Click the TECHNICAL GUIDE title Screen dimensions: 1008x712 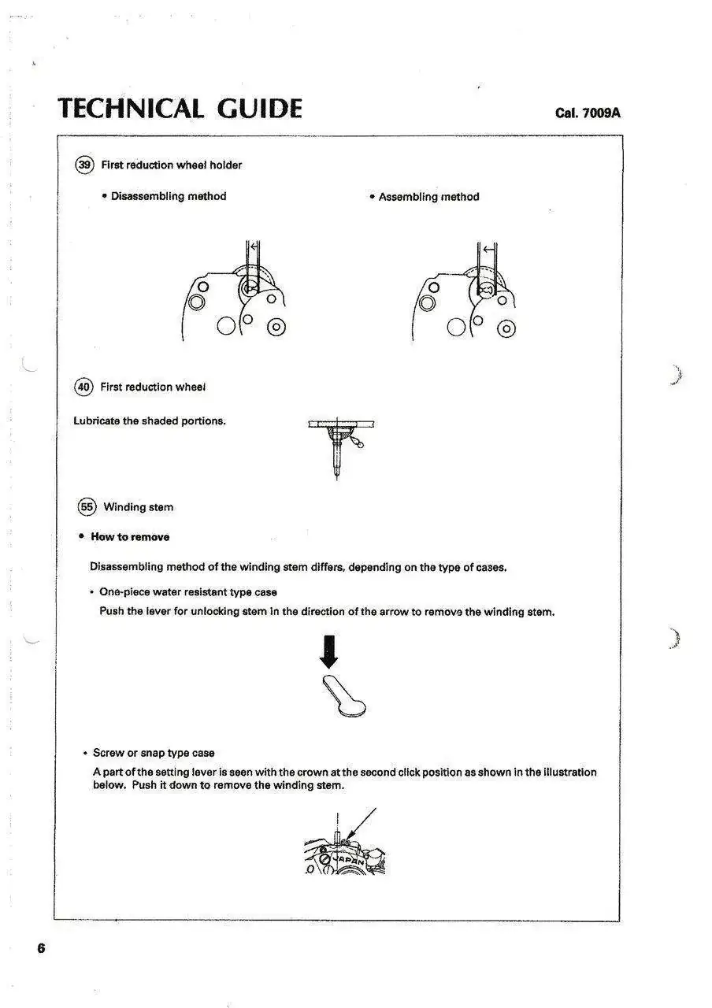tap(180, 109)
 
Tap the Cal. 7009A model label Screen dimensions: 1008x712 tap(588, 113)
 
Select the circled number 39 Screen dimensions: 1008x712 tap(84, 165)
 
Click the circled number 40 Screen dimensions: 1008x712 tap(83, 387)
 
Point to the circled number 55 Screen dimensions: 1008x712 tap(87, 507)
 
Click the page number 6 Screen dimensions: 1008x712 tap(41, 948)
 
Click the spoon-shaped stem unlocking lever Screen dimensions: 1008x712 tap(343, 696)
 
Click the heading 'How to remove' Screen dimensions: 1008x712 tap(130, 537)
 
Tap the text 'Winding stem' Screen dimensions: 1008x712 tap(139, 507)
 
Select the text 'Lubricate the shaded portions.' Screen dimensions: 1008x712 tap(150, 421)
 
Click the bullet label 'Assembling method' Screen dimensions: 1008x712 tap(428, 197)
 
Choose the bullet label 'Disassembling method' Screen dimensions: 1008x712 tap(168, 196)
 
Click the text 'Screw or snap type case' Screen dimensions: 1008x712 tap(154, 753)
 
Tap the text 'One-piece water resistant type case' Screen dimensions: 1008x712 tap(187, 591)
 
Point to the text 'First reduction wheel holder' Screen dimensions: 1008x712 tap(171, 165)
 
